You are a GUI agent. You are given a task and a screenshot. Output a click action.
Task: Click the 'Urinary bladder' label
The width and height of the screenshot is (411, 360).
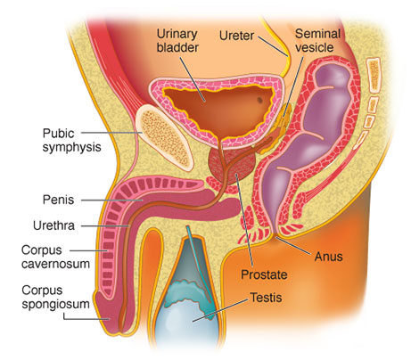177,41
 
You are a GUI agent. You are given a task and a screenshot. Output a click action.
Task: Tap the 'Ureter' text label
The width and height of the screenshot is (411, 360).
236,36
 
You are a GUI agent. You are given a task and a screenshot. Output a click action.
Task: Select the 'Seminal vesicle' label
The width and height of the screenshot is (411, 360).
316,41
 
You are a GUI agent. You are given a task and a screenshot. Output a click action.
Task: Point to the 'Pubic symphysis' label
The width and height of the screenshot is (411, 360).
71,140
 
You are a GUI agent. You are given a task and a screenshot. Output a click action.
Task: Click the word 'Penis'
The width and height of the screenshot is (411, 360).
58,200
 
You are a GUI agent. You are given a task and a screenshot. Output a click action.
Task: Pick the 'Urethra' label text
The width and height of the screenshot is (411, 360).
53,225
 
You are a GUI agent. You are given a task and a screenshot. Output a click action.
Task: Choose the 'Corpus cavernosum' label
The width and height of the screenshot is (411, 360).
55,257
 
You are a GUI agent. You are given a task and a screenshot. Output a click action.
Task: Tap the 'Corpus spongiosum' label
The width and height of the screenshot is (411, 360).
55,297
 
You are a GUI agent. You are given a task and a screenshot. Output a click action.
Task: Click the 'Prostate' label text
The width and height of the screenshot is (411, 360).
264,274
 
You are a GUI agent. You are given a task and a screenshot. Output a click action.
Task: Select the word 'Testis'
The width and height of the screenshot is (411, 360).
266,298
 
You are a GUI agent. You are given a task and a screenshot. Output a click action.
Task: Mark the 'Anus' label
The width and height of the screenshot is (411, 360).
328,257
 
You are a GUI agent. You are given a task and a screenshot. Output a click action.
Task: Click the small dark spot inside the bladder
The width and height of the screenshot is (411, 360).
259,101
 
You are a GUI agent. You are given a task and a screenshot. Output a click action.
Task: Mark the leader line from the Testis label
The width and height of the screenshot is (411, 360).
220,310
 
